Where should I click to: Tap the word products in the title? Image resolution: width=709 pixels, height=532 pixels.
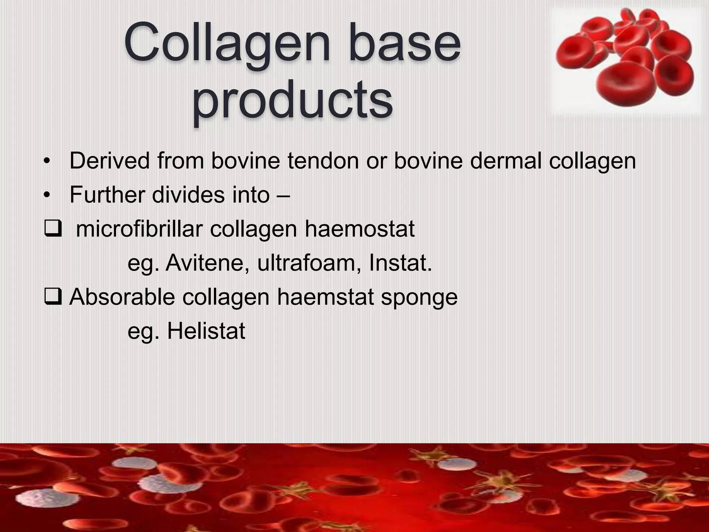tap(293, 100)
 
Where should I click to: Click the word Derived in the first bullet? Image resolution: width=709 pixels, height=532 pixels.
tap(109, 161)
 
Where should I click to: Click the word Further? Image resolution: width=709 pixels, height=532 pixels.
tap(107, 195)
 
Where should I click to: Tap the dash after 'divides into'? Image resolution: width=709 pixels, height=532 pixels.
tap(284, 195)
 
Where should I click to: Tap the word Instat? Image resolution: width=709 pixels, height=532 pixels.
tap(400, 263)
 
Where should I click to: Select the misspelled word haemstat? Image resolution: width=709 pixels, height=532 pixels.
tap(325, 297)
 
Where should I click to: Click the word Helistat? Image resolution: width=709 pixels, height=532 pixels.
tap(206, 331)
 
